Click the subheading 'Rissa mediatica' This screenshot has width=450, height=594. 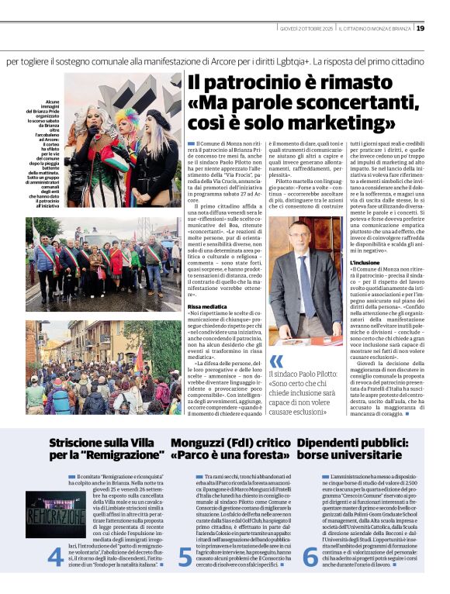coord(206,308)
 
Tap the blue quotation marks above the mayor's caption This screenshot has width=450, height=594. coord(276,361)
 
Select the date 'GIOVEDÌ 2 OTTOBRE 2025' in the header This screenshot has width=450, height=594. coord(306,29)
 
